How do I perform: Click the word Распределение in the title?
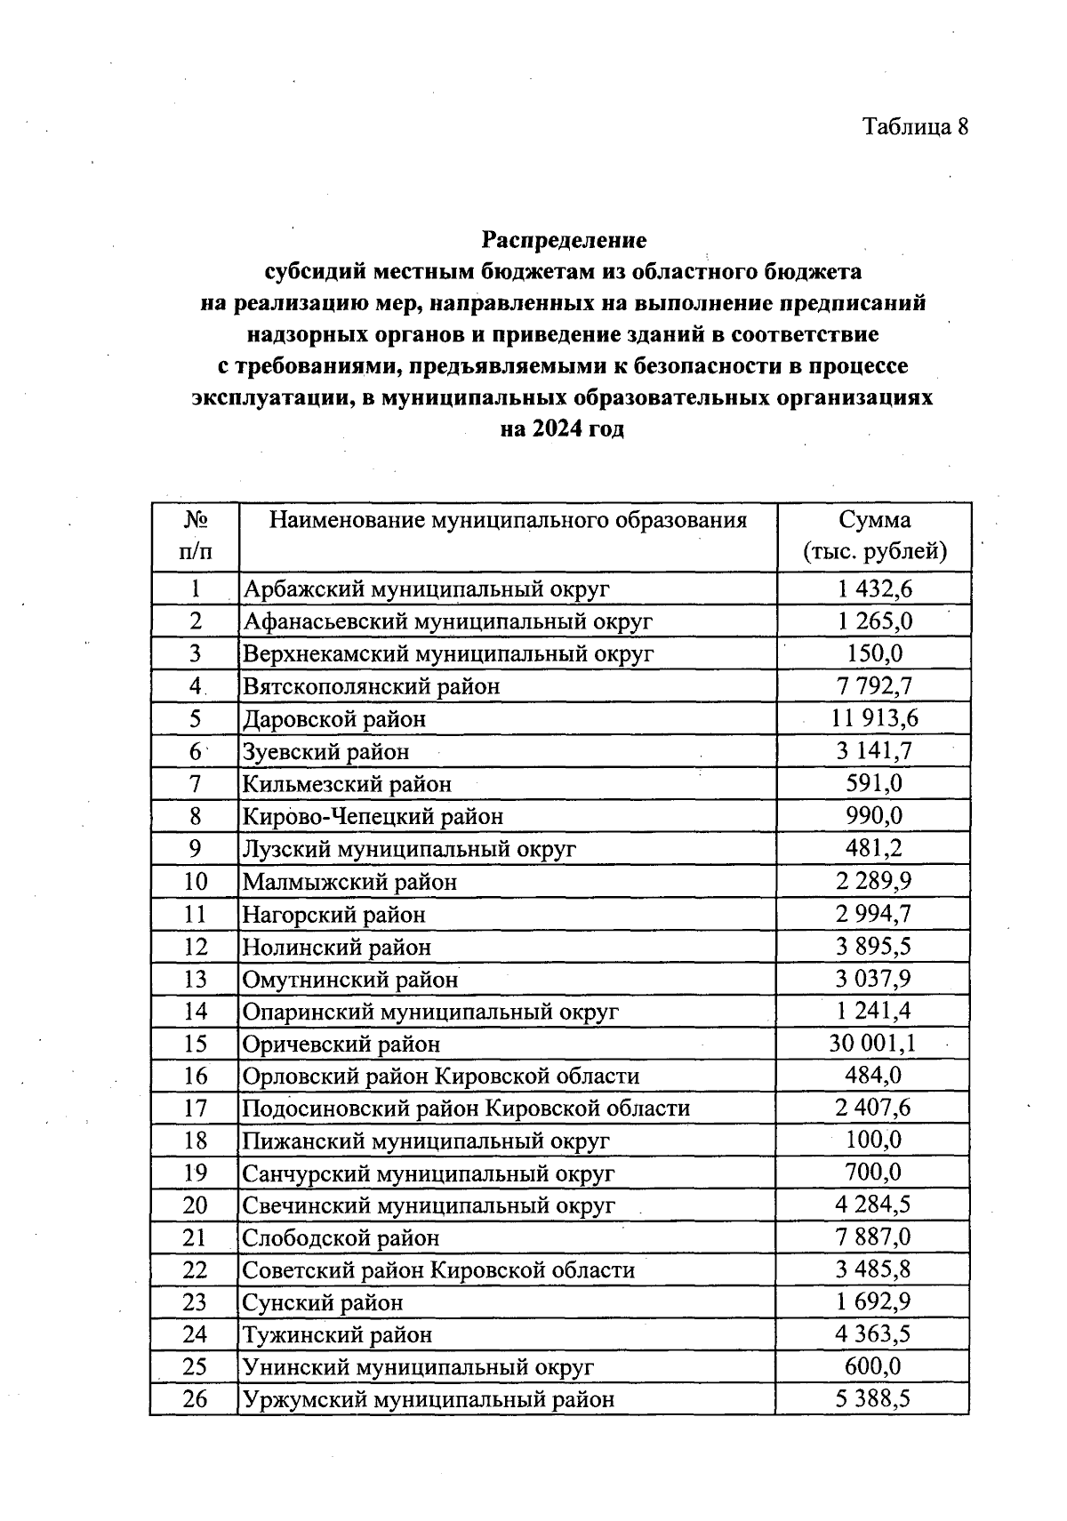coord(564,239)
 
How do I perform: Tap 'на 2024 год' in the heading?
coord(562,429)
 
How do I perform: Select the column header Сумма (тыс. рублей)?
coord(874,536)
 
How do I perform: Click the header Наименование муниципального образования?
coord(508,520)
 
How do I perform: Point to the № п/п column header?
coord(196,536)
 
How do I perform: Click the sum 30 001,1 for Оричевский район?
coord(872,1044)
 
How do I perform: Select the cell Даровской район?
coord(334,718)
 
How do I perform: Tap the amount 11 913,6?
coord(872,718)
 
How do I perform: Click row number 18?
coord(196,1141)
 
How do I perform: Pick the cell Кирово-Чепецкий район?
coord(373,816)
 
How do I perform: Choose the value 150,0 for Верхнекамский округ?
coord(873,653)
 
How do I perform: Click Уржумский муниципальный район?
coord(428,1399)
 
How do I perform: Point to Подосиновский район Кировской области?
coord(466,1109)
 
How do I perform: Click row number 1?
coord(196,588)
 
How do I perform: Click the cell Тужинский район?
coord(338,1334)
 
